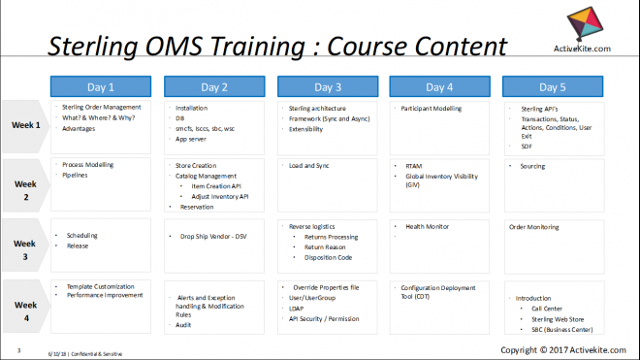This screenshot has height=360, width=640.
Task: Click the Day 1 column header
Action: click(x=100, y=86)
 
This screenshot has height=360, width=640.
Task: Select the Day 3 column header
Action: click(x=326, y=86)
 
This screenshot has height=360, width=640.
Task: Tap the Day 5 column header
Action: click(x=552, y=86)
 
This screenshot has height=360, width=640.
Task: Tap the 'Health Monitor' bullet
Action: click(x=427, y=226)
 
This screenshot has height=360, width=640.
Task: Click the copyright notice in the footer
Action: click(x=560, y=349)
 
